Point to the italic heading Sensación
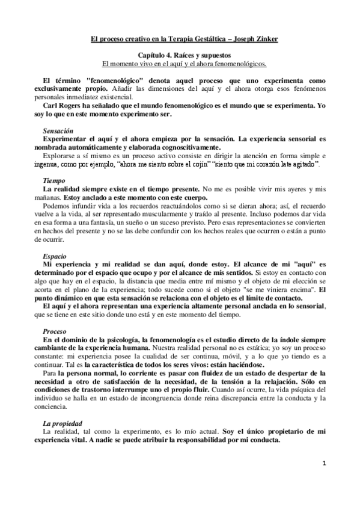click(58, 130)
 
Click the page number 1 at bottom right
click(323, 464)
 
